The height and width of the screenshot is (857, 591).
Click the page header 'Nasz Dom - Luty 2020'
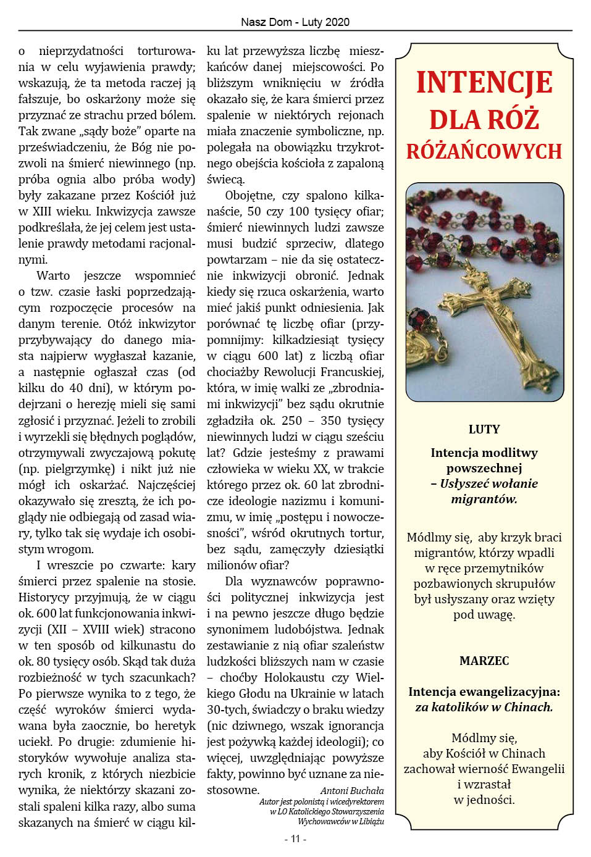pyautogui.click(x=295, y=22)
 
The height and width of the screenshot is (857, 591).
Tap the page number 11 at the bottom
pyautogui.click(x=295, y=838)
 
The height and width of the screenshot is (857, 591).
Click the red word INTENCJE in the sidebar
pyautogui.click(x=484, y=83)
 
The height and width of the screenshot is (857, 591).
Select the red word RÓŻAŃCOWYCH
pyautogui.click(x=484, y=151)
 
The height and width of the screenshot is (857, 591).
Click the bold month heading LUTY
pyautogui.click(x=484, y=429)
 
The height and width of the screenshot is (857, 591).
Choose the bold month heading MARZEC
pyautogui.click(x=484, y=661)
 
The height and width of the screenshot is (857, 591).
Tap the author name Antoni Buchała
pyautogui.click(x=352, y=791)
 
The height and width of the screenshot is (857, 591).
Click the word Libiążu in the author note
pyautogui.click(x=369, y=821)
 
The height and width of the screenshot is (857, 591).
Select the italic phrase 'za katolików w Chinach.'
pyautogui.click(x=484, y=707)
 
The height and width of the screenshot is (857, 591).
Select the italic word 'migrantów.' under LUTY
pyautogui.click(x=484, y=499)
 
